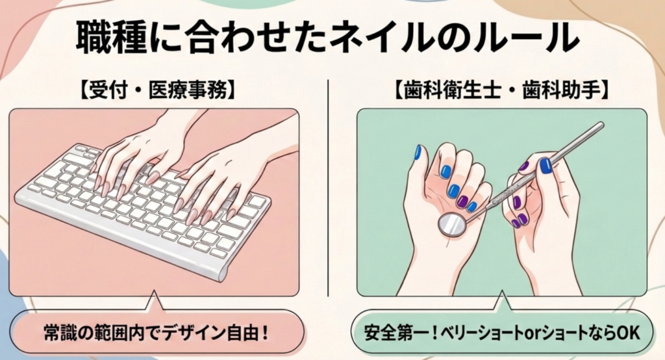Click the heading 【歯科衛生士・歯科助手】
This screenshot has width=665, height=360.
click(501, 90)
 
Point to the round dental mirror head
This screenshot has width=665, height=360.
click(451, 225)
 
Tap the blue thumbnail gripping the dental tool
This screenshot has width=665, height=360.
click(546, 166)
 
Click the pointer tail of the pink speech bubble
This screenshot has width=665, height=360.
click(153, 301)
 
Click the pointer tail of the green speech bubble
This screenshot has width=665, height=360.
click(503, 301)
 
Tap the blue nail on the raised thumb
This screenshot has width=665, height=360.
click(418, 152)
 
